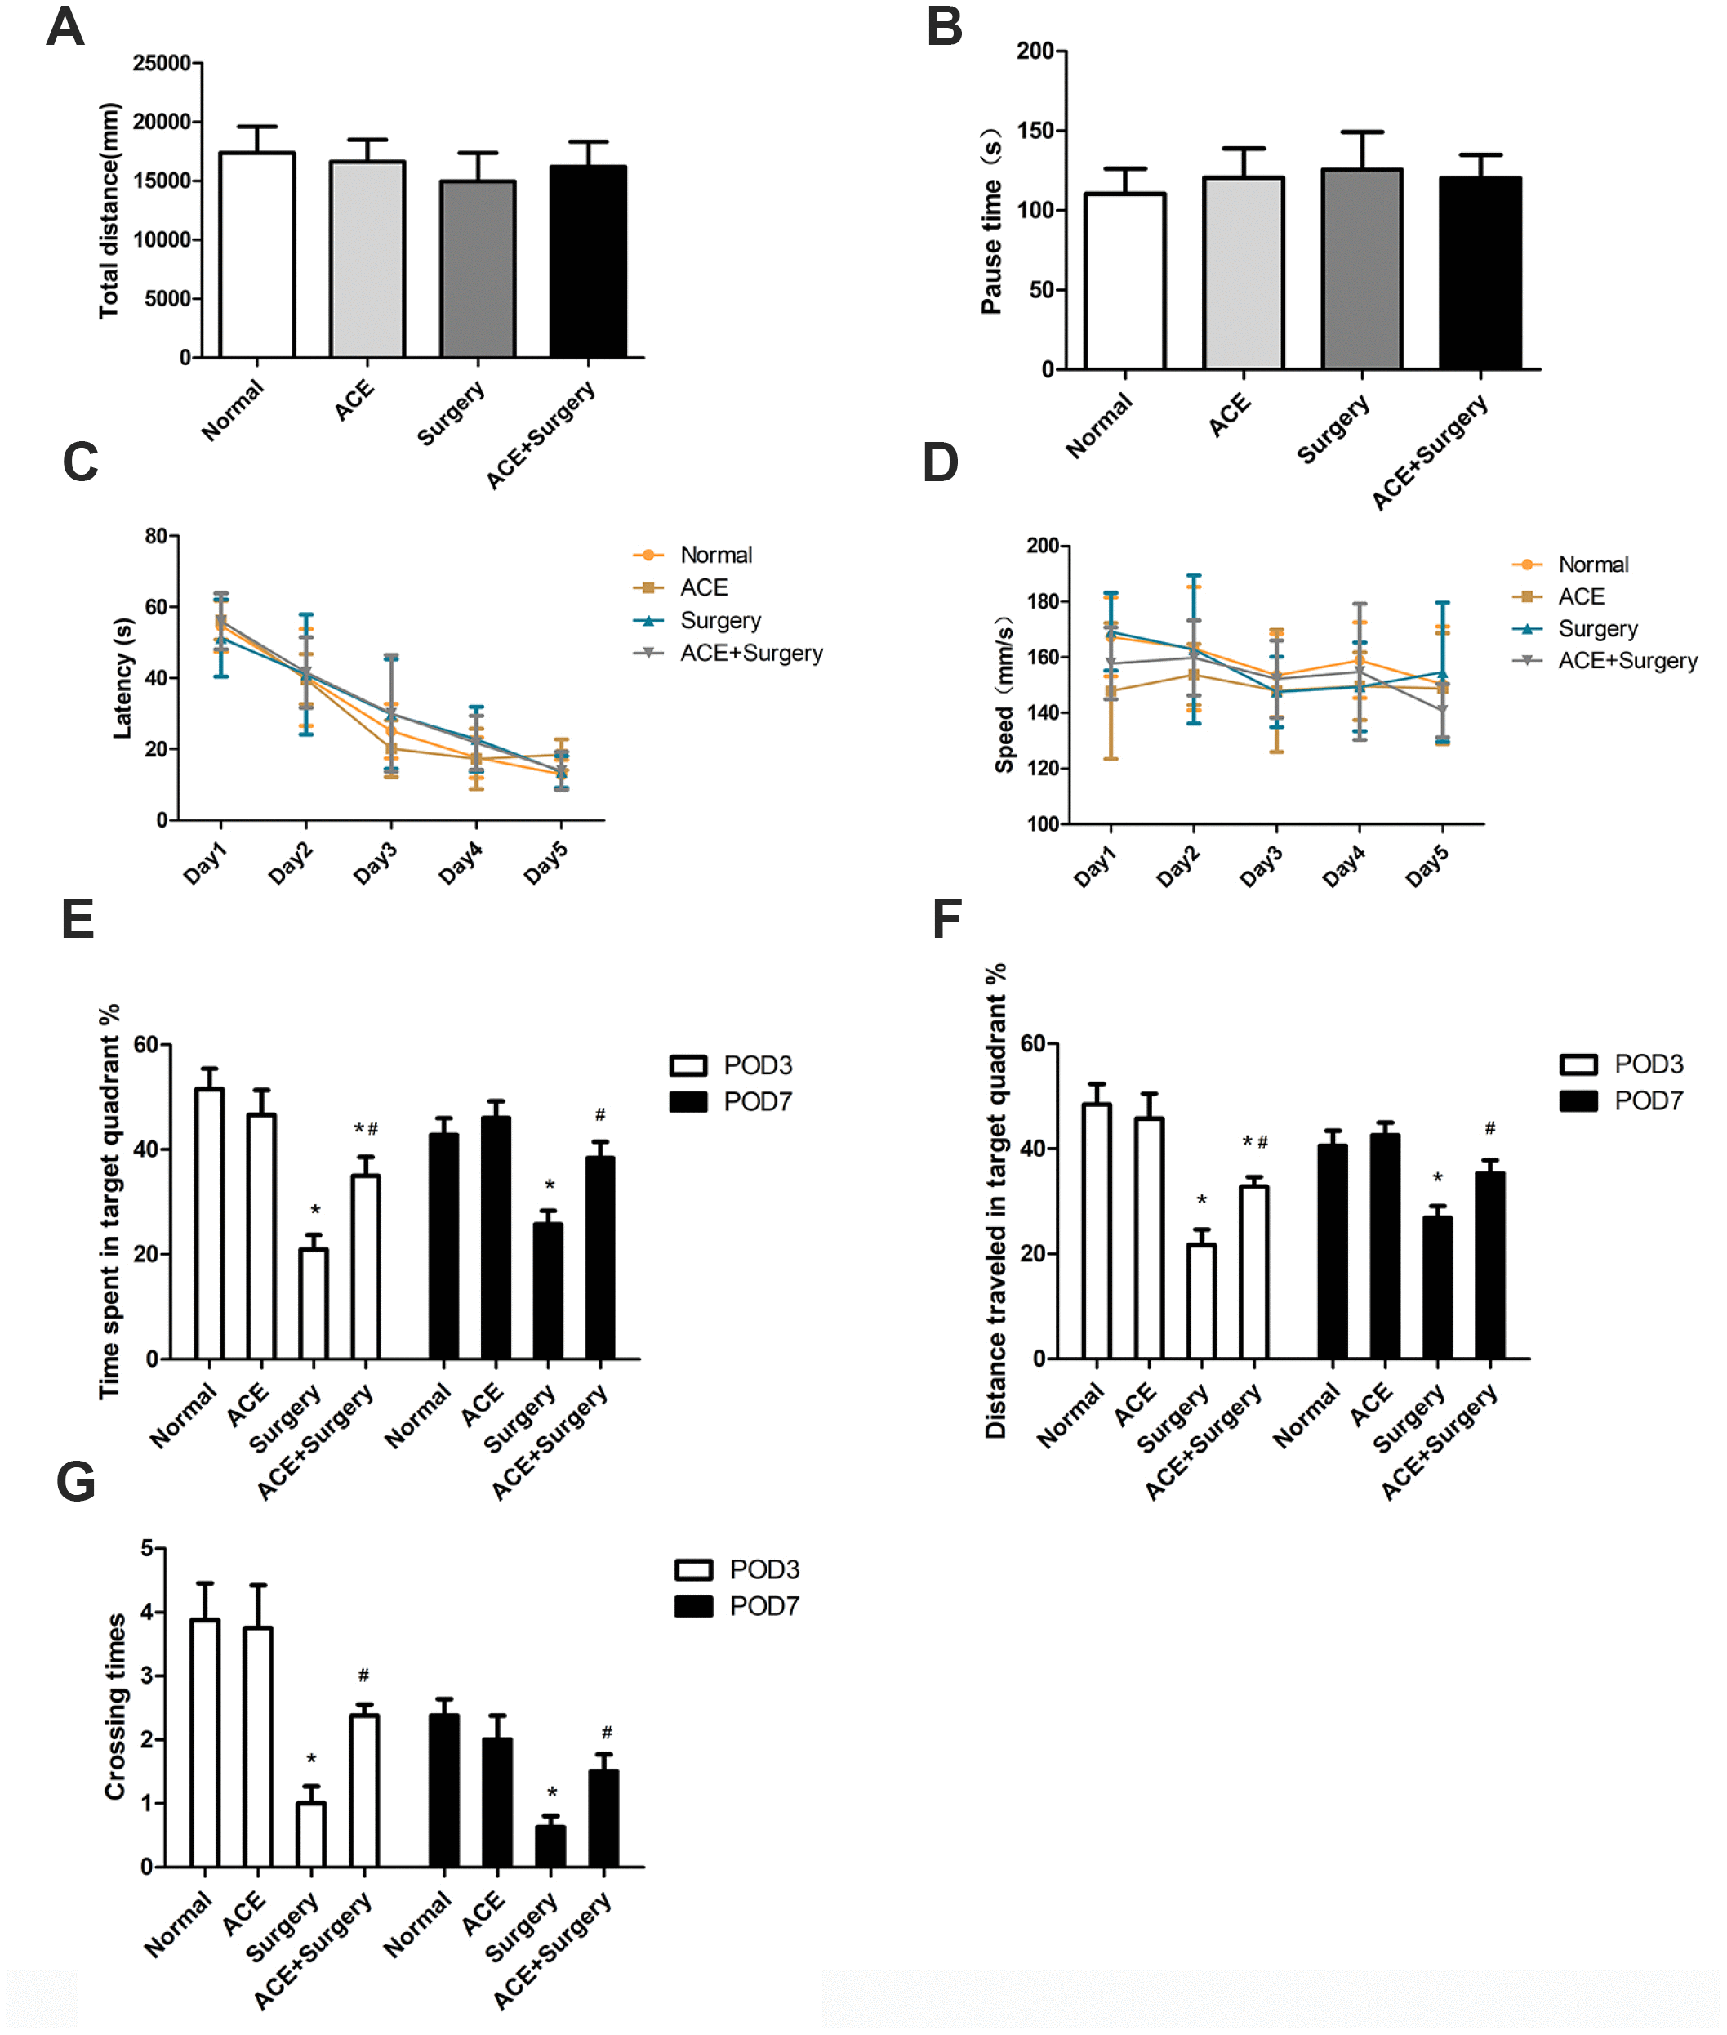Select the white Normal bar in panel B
pyautogui.click(x=1125, y=281)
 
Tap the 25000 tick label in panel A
pyautogui.click(x=162, y=64)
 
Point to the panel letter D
pyautogui.click(x=941, y=463)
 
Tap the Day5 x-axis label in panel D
pyautogui.click(x=1427, y=867)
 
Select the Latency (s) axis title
pyautogui.click(x=122, y=678)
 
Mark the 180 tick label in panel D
pyautogui.click(x=1043, y=601)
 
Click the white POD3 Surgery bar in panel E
pyautogui.click(x=314, y=1304)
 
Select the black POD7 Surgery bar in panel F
pyautogui.click(x=1437, y=1287)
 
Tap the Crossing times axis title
pyautogui.click(x=115, y=1706)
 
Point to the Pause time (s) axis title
pyautogui.click(x=992, y=221)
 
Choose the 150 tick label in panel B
pyautogui.click(x=1036, y=132)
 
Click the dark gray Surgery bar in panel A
pyautogui.click(x=478, y=270)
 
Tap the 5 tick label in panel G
pyautogui.click(x=147, y=1548)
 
